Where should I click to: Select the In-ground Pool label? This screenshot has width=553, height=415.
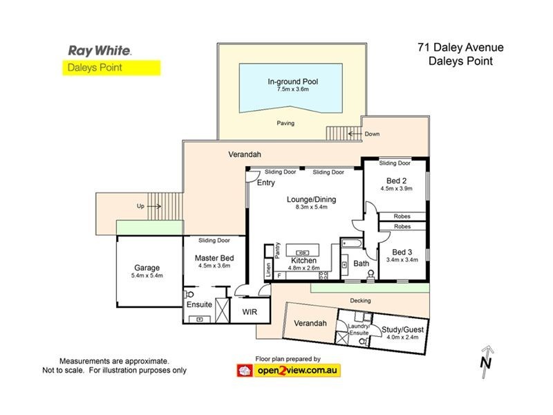(x=293, y=82)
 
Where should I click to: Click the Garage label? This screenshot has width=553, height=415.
(x=147, y=268)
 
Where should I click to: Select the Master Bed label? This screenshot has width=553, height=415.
(x=213, y=257)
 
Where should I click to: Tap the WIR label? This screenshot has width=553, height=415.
(x=249, y=312)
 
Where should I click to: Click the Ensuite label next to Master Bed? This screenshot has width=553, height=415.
(x=199, y=304)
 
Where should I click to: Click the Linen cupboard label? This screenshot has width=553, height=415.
(x=268, y=270)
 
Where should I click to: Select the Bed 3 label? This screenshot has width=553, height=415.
(x=402, y=252)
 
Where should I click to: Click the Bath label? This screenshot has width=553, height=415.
(x=362, y=264)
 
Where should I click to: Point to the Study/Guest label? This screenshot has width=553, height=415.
(x=402, y=330)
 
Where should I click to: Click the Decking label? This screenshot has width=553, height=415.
(x=360, y=301)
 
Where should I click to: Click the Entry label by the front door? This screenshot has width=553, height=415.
(x=266, y=183)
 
